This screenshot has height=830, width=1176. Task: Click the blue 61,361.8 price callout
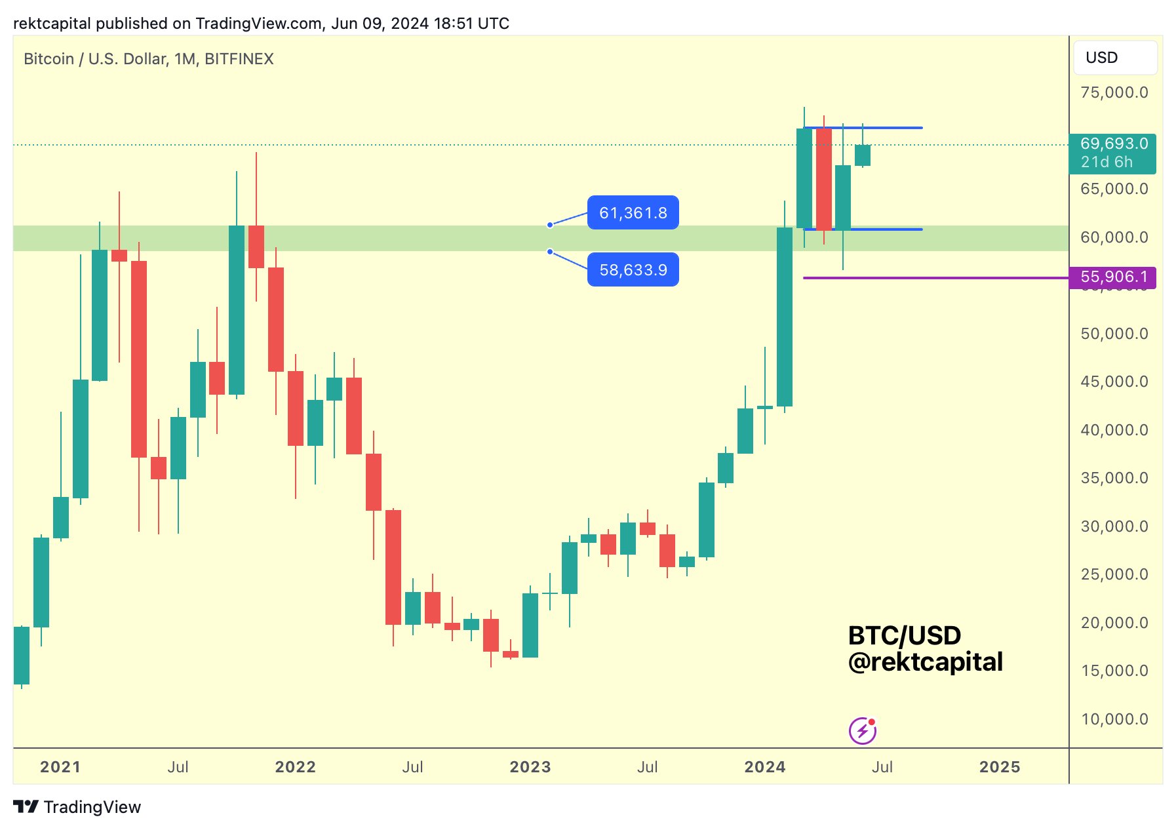point(633,213)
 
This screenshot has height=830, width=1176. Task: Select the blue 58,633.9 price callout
point(633,269)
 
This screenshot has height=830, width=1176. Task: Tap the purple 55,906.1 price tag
point(1112,277)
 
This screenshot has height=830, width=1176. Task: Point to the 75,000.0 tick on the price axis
point(1114,92)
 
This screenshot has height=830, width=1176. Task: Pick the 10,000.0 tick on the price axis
point(1114,719)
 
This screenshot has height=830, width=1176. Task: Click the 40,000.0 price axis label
point(1114,430)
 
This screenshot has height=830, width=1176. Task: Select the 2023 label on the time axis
point(530,767)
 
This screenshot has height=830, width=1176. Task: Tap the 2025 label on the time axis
point(1000,767)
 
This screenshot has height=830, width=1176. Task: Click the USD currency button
point(1114,58)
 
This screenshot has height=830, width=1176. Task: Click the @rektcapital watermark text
point(925,662)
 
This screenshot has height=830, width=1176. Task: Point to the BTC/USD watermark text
point(904,635)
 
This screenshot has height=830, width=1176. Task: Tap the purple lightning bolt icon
point(863,730)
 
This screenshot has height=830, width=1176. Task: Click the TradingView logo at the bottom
point(77,807)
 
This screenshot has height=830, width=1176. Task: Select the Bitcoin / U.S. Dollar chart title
point(148,59)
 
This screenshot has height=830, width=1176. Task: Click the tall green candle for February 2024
point(784,317)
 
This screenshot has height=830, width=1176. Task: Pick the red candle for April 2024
point(823,179)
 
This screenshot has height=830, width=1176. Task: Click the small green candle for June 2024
point(863,155)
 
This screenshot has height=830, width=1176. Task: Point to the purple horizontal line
point(931,278)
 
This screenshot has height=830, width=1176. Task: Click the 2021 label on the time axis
point(60,767)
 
